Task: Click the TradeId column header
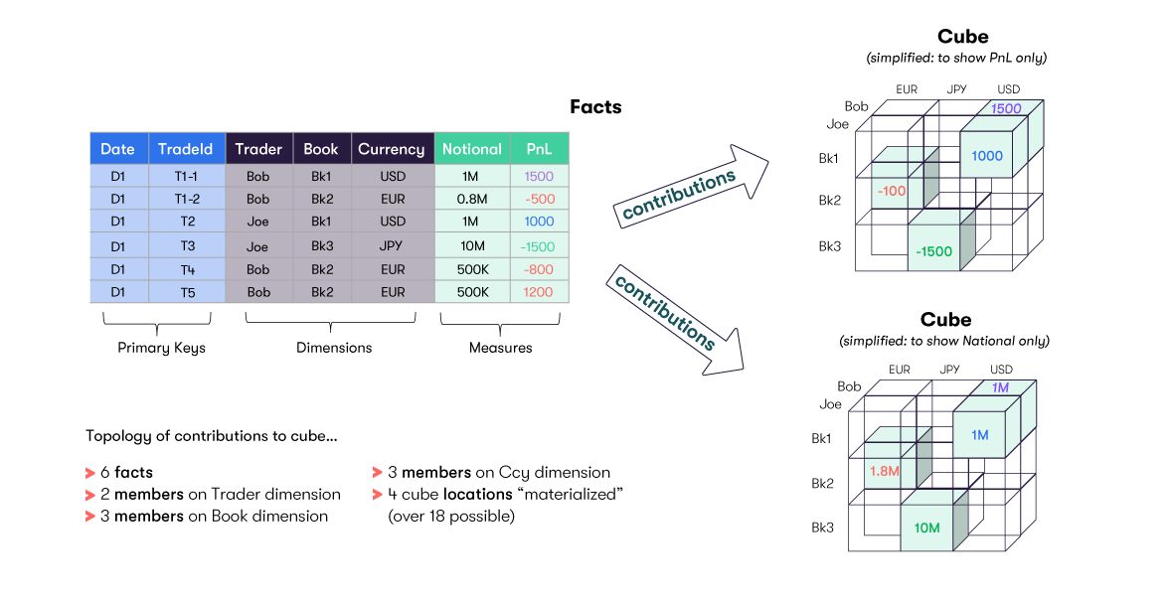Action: [186, 149]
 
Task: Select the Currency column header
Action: [392, 149]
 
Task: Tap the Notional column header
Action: [472, 149]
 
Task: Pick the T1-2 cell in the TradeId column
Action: [186, 199]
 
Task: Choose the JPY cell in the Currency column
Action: [392, 245]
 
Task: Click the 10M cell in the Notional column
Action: [472, 245]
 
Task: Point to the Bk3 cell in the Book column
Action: [321, 245]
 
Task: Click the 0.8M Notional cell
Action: [472, 199]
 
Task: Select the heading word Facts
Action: [595, 107]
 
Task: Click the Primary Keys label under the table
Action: [161, 348]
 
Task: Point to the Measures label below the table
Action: [500, 348]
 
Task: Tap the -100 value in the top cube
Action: [892, 191]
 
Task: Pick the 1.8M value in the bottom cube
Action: [884, 471]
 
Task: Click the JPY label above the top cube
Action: [956, 89]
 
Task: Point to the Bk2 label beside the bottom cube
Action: [822, 484]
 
